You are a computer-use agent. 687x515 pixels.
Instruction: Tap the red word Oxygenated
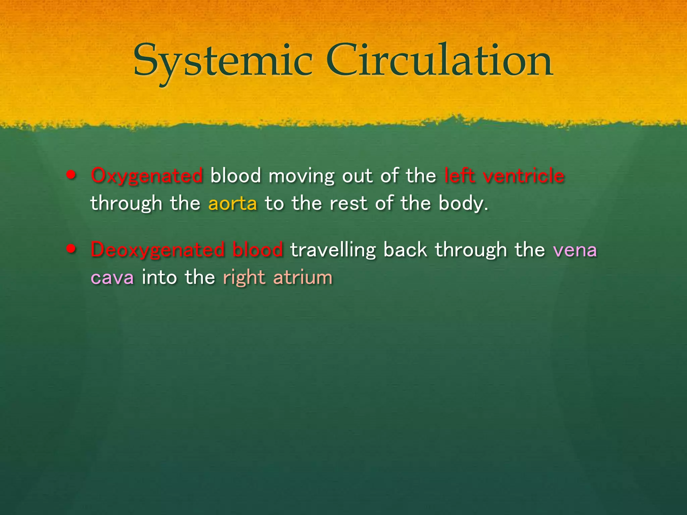(147, 176)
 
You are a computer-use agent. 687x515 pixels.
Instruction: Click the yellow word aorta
(233, 204)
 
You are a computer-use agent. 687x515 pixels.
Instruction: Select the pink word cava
(112, 278)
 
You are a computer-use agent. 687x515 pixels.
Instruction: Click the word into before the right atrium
(159, 278)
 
